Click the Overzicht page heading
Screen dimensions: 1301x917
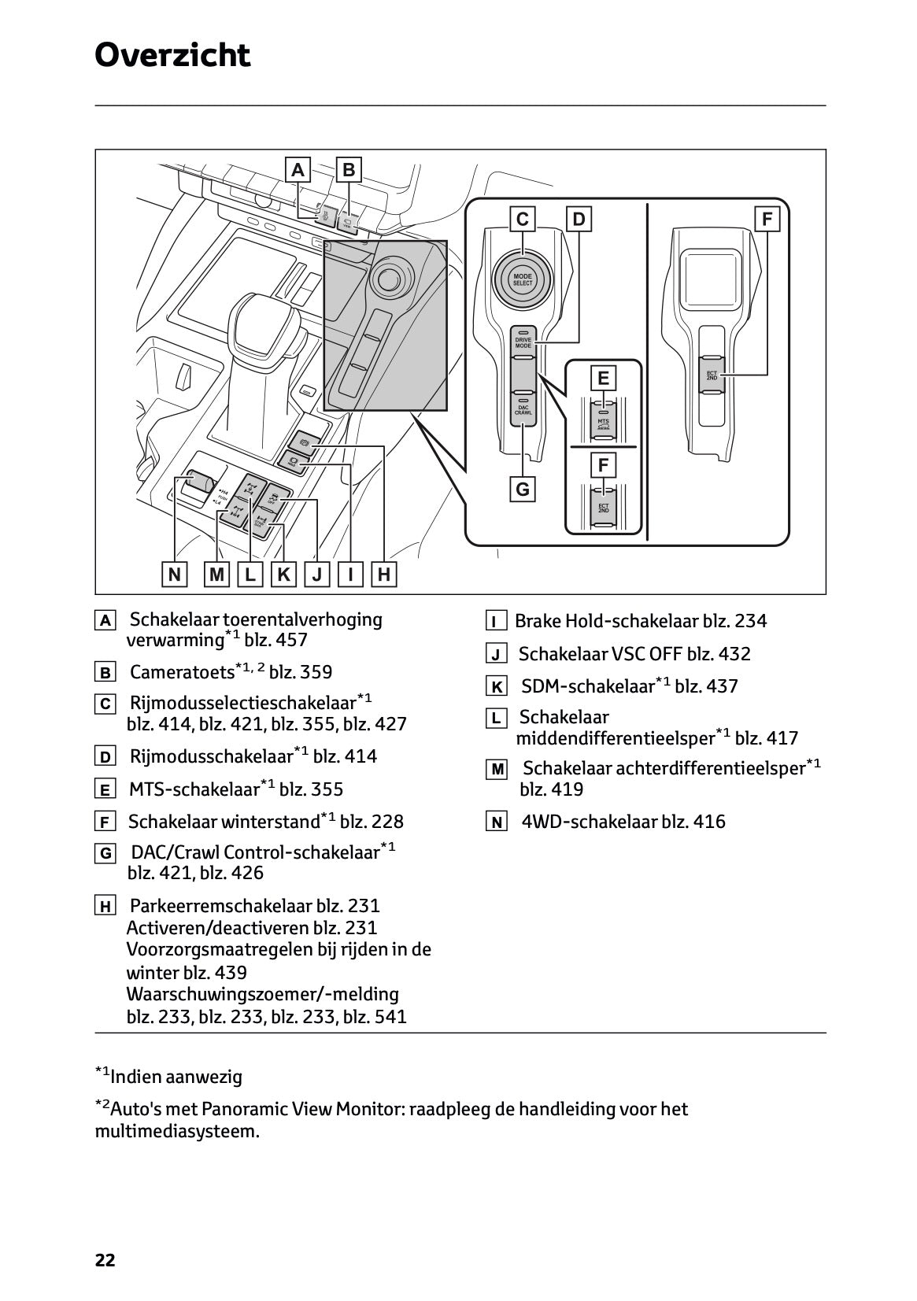[172, 55]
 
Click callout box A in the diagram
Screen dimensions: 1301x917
[298, 170]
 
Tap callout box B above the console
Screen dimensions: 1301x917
[349, 170]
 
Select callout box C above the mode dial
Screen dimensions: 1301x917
[523, 220]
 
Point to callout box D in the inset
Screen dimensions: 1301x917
[579, 220]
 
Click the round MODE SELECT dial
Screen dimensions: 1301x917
[523, 280]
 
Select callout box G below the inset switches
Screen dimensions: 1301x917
[523, 490]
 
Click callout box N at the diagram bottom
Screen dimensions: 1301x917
[174, 575]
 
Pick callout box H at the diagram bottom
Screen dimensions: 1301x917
[384, 575]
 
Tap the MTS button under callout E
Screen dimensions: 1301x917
[604, 423]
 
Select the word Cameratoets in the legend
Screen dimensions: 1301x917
[182, 672]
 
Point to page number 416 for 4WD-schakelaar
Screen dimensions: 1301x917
[709, 822]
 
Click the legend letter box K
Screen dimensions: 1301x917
[497, 687]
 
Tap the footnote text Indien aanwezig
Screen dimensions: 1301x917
[176, 1077]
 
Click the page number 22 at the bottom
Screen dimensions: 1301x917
[105, 1260]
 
